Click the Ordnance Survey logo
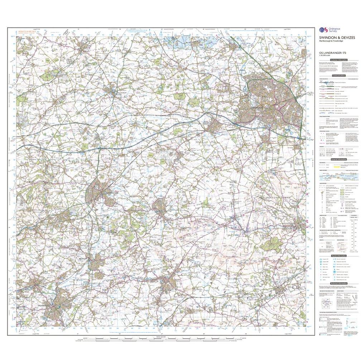click(327, 31)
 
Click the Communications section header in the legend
click(338, 76)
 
